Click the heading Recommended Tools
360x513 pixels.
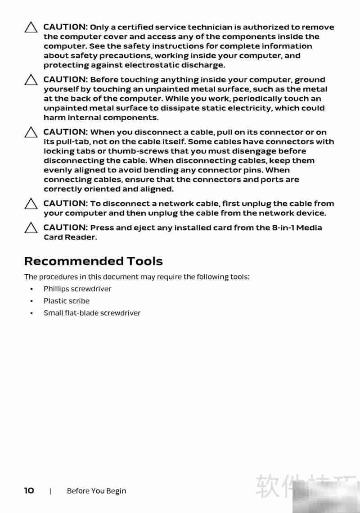pyautogui.click(x=93, y=261)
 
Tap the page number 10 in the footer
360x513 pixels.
pyautogui.click(x=29, y=490)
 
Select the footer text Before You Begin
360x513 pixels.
pyautogui.click(x=96, y=491)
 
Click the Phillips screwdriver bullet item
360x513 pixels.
pyautogui.click(x=77, y=289)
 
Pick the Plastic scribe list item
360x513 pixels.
pyautogui.click(x=66, y=301)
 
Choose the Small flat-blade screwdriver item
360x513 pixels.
pyautogui.click(x=92, y=313)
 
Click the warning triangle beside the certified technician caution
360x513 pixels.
pyautogui.click(x=31, y=28)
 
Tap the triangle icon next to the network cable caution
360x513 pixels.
pyautogui.click(x=31, y=204)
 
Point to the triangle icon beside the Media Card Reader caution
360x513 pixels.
pyautogui.click(x=31, y=228)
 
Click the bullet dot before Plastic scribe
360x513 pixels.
pyautogui.click(x=31, y=301)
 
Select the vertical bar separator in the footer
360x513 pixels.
pyautogui.click(x=50, y=491)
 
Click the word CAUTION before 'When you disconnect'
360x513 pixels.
pyautogui.click(x=65, y=132)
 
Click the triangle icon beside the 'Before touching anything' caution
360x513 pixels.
pyautogui.click(x=31, y=80)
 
